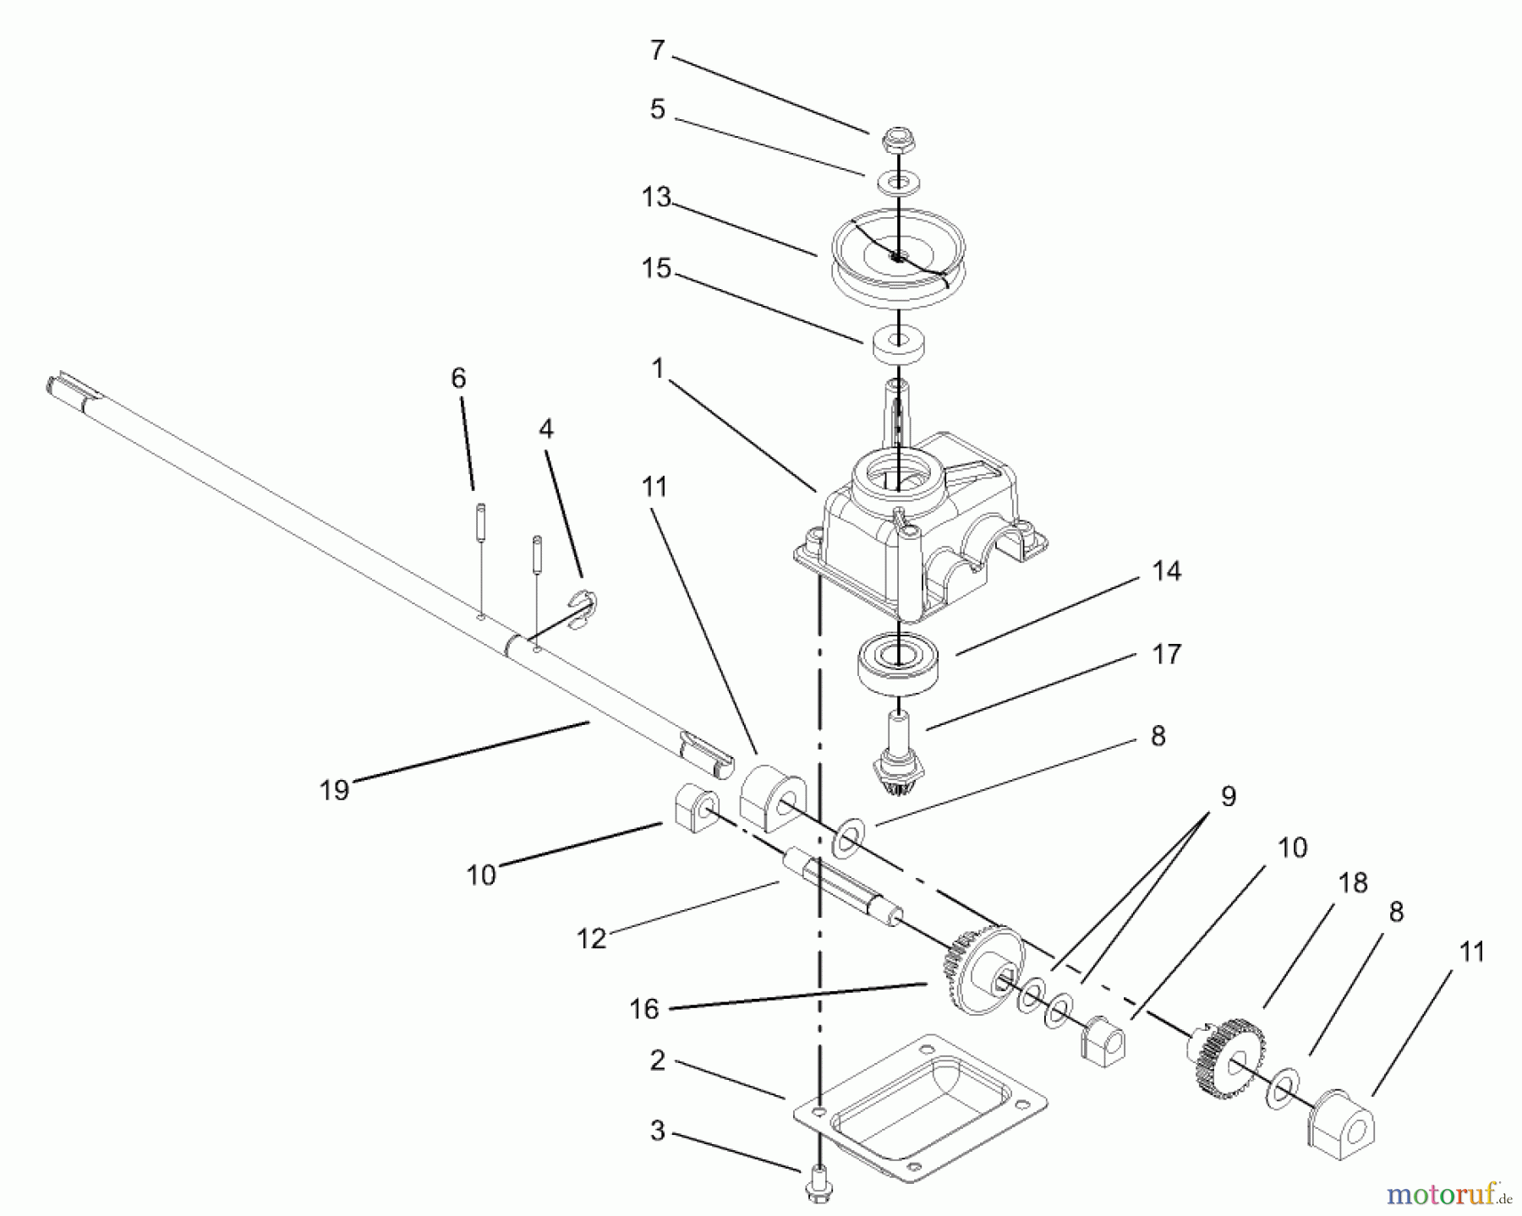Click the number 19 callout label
(x=335, y=789)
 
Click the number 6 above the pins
(x=458, y=378)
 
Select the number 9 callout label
(x=1228, y=796)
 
